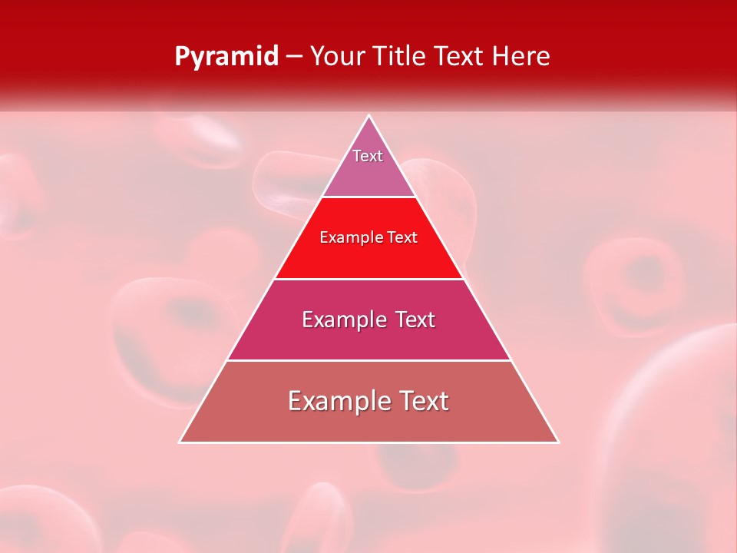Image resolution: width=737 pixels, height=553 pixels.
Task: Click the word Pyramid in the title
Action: coord(226,57)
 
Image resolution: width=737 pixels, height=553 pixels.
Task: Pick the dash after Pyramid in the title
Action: coord(293,57)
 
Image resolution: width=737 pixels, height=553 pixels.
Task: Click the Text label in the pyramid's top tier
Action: coord(368,156)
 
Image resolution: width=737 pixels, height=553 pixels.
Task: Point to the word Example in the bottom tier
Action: coord(335,401)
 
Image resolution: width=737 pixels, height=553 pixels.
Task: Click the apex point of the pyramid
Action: coord(369,116)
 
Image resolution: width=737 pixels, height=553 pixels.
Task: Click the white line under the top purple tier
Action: coord(369,197)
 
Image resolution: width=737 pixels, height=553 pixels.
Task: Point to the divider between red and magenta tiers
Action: coord(369,279)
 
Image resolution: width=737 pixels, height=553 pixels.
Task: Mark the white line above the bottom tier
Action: coord(369,360)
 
